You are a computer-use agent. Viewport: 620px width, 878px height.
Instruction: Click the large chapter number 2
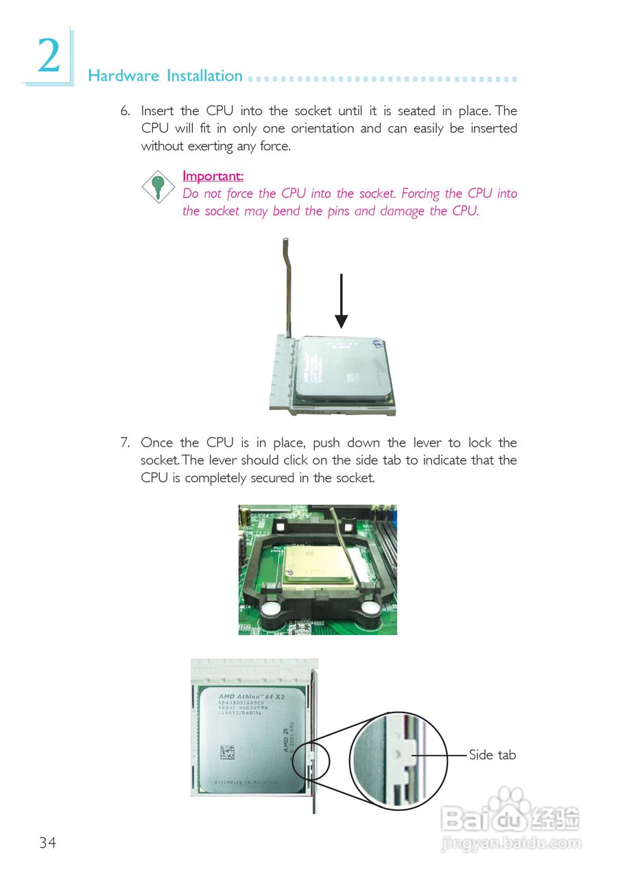click(48, 57)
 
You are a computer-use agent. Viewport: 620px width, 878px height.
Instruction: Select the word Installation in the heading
click(204, 76)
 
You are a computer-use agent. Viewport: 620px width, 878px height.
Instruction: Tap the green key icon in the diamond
click(158, 187)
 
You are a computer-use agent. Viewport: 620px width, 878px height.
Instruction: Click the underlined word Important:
click(213, 176)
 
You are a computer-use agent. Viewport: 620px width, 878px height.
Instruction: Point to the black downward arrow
click(341, 302)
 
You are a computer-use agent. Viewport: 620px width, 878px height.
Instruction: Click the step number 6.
click(125, 110)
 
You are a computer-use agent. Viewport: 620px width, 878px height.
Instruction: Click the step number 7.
click(125, 442)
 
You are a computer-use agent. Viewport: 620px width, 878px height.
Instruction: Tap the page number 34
click(47, 843)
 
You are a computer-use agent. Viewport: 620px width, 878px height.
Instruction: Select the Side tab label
click(492, 755)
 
